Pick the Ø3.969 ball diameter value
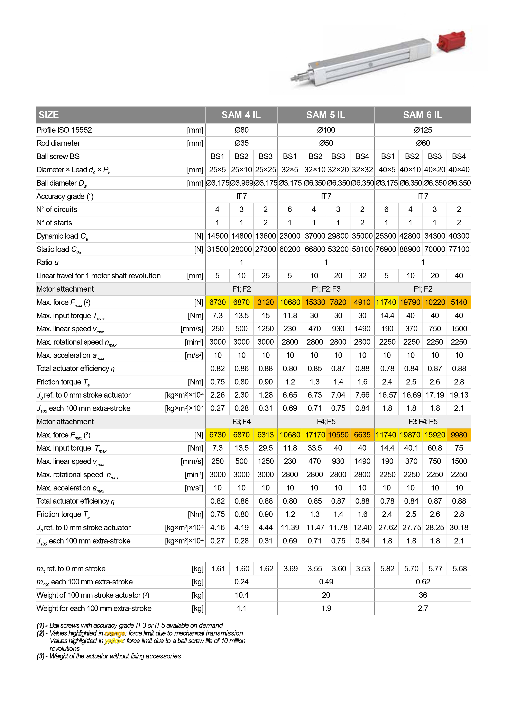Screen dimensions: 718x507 point(241,183)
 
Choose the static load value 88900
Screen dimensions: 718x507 point(411,249)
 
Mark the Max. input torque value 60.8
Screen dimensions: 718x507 point(434,448)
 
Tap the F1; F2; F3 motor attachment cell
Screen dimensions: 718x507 point(326,289)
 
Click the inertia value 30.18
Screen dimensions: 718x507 point(459,528)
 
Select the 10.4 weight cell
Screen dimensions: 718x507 point(241,595)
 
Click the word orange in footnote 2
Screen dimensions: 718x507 point(115,633)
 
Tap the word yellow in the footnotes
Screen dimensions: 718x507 point(114,641)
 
